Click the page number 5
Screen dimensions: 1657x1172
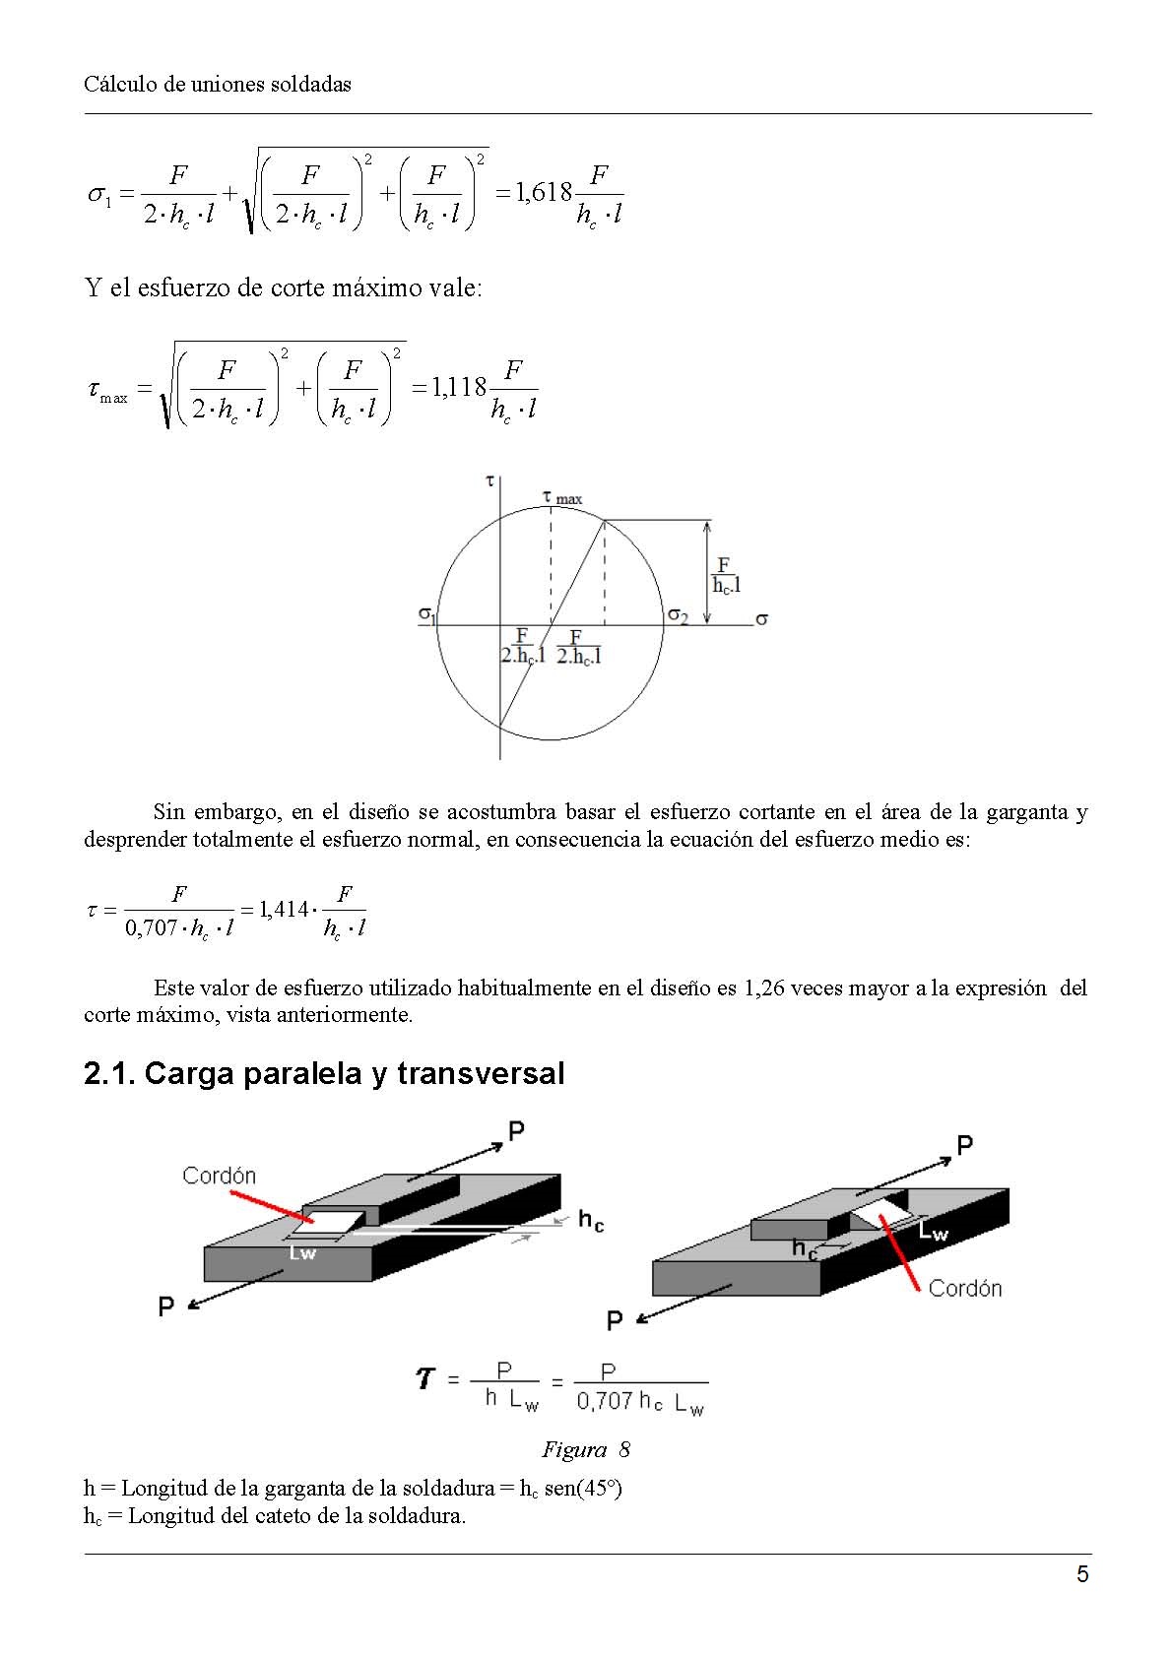(x=1082, y=1574)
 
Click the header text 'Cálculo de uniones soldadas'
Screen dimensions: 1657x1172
(x=218, y=85)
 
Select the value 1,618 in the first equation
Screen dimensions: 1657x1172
(x=545, y=192)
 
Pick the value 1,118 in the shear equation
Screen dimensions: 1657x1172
(x=459, y=388)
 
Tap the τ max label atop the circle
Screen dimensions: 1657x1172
(x=562, y=498)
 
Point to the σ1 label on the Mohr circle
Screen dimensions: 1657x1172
(x=426, y=614)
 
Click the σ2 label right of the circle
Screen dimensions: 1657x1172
(x=678, y=614)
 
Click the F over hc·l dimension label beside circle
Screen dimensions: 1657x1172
(x=726, y=575)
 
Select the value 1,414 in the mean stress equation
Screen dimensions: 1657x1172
(x=284, y=910)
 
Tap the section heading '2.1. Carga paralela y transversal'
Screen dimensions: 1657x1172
(x=324, y=1073)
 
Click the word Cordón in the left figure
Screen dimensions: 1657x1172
(x=219, y=1176)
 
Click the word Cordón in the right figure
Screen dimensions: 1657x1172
(x=964, y=1288)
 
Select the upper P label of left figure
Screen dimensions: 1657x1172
(x=516, y=1130)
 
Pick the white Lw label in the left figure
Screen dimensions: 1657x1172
(x=302, y=1253)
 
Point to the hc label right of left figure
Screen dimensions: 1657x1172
(x=590, y=1221)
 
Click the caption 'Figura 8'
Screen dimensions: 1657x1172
(x=585, y=1449)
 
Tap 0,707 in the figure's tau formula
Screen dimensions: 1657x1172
(x=604, y=1401)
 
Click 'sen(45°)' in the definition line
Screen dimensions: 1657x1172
(x=583, y=1488)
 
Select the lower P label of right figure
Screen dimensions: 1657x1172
(x=615, y=1320)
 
